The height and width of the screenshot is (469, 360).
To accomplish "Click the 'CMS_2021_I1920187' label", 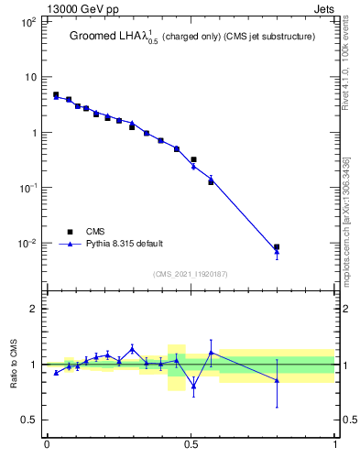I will click(x=191, y=273).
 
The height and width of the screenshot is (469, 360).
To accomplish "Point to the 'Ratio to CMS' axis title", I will click(x=14, y=364).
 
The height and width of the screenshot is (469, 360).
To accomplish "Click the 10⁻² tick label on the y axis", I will click(x=27, y=244).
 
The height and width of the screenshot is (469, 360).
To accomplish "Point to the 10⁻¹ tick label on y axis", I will click(x=27, y=188).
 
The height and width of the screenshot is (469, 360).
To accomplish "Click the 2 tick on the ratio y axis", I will click(x=34, y=309).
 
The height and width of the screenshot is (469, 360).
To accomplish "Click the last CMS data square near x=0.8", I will click(x=277, y=246).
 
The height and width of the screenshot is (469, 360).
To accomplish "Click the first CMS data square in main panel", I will click(x=56, y=94).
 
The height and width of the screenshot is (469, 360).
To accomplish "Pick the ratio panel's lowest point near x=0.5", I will click(x=193, y=387).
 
